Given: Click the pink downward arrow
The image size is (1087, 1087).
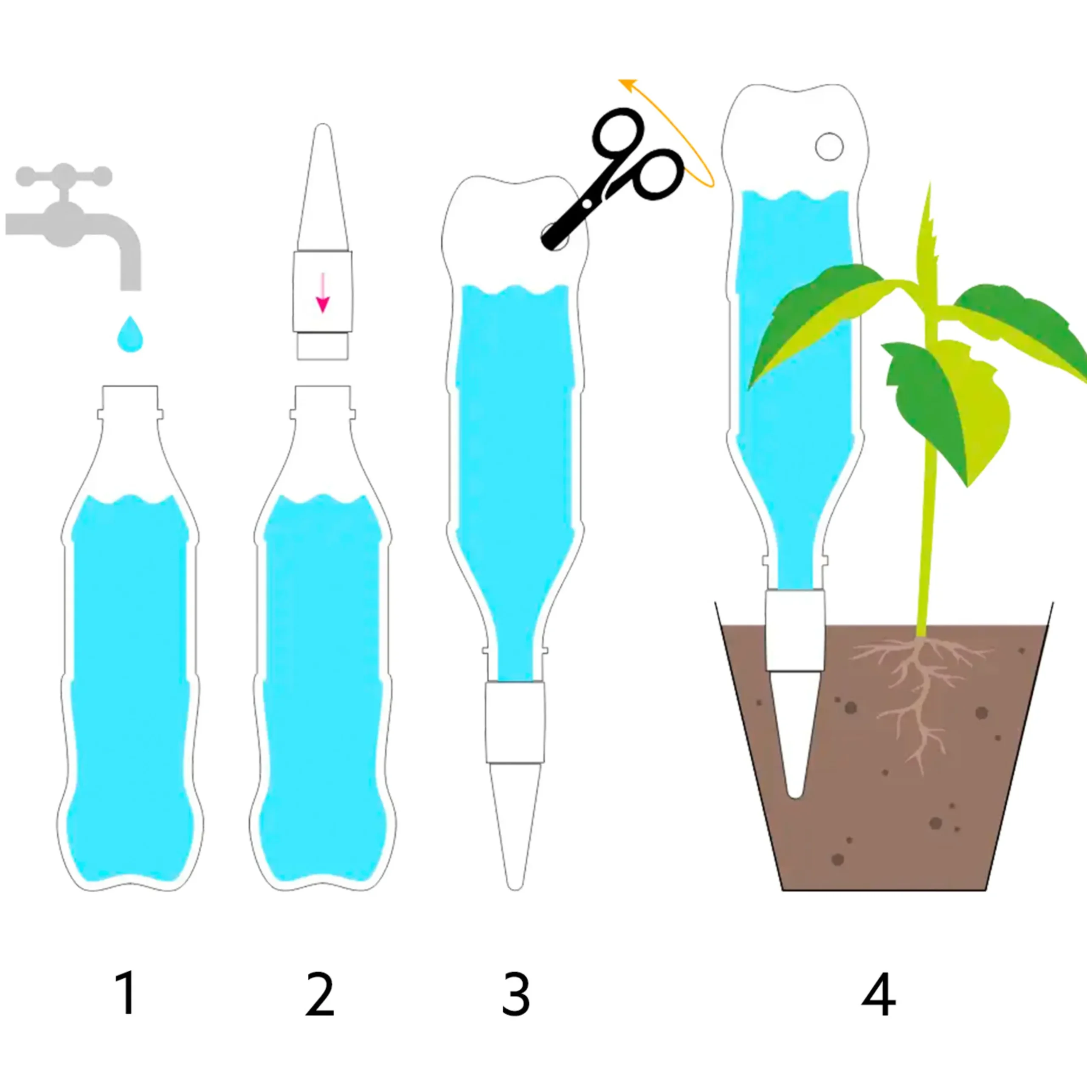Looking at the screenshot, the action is pyautogui.click(x=322, y=292).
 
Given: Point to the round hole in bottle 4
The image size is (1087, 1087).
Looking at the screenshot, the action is pyautogui.click(x=829, y=147).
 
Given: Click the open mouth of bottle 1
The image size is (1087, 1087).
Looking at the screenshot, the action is pyautogui.click(x=130, y=386).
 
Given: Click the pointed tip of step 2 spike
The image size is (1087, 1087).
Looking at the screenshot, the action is pyautogui.click(x=322, y=125).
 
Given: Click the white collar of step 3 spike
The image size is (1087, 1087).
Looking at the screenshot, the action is pyautogui.click(x=515, y=722).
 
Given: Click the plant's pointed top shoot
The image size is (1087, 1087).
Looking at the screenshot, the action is pyautogui.click(x=929, y=183).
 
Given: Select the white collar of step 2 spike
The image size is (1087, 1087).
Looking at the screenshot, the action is pyautogui.click(x=322, y=291).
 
